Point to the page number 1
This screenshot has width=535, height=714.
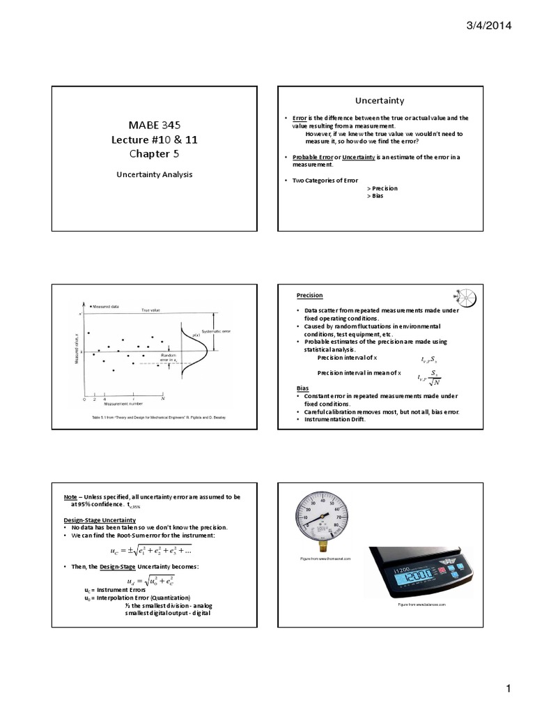509,690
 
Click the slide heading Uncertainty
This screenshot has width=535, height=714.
380,100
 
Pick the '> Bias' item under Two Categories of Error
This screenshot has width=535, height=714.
375,196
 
